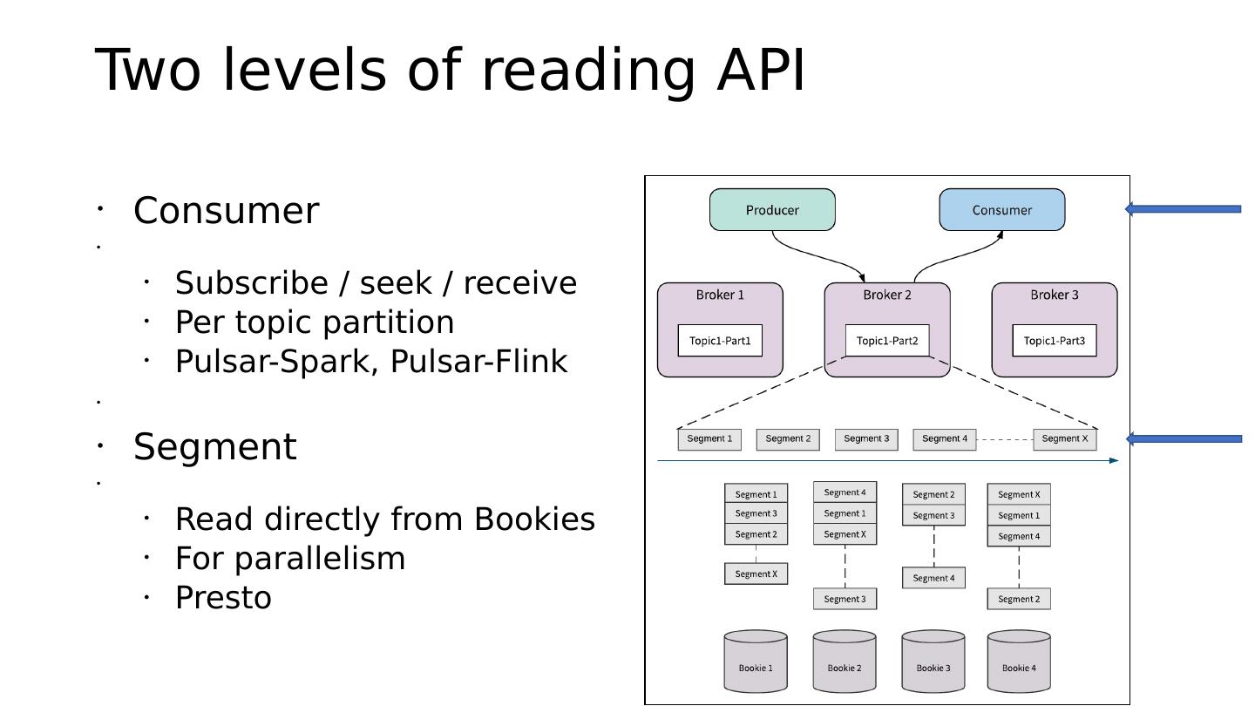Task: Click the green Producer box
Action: (772, 210)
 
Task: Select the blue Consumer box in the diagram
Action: (1001, 210)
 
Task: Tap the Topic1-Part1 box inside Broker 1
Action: (720, 341)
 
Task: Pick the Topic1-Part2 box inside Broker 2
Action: (887, 341)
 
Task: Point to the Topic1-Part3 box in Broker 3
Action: (1054, 341)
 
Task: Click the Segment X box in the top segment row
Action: (1064, 439)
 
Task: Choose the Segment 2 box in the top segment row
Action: (788, 439)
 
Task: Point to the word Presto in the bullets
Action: (224, 598)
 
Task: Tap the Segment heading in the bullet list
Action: (215, 447)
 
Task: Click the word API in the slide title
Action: (761, 70)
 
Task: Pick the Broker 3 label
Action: (1054, 295)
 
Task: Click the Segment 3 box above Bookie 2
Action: (845, 599)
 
